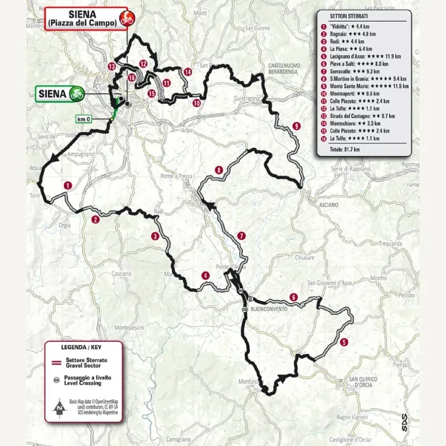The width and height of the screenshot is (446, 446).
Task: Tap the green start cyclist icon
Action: [x=76, y=94]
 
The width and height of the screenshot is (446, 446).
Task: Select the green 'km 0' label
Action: [x=83, y=119]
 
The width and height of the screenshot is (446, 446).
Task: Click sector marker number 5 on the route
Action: [x=344, y=342]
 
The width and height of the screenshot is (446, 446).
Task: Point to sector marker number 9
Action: [x=296, y=126]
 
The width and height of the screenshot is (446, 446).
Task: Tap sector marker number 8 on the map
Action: [x=220, y=170]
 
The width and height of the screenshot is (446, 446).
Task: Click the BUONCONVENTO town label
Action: [x=269, y=309]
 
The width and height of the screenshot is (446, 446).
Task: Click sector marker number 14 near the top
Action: [x=188, y=71]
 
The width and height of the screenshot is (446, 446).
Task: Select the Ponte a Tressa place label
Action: [x=178, y=176]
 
